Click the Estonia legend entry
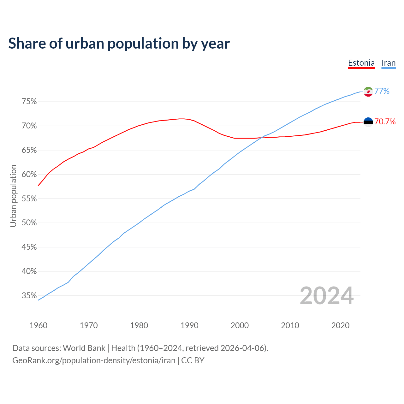point(361,63)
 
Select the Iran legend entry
point(388,63)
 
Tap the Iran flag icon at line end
point(368,92)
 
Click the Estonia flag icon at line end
point(368,122)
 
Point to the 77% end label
point(382,91)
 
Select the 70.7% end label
point(385,122)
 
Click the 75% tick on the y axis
point(29,102)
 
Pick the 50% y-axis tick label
point(29,223)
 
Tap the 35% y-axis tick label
point(29,296)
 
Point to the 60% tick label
point(29,175)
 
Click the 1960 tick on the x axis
point(38,325)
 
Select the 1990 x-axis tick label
point(189,325)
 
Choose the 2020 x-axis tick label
point(340,325)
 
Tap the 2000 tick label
point(240,325)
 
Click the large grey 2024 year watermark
point(327,296)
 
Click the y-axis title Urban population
point(13,196)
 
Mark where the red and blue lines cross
point(261,138)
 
